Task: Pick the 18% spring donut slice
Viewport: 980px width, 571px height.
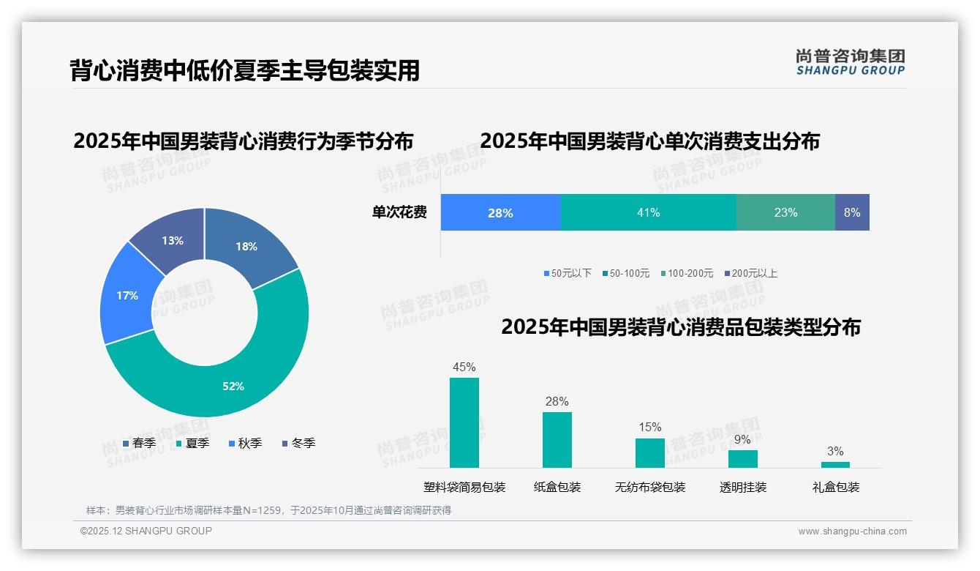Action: (247, 246)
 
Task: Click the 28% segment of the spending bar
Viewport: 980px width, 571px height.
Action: (500, 212)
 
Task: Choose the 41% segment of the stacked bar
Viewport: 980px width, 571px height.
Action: (648, 212)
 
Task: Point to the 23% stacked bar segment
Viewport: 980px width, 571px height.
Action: (785, 212)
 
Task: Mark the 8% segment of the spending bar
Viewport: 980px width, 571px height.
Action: (852, 212)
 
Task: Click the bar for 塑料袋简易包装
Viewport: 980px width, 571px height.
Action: (464, 422)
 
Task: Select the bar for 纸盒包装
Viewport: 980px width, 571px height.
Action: (557, 439)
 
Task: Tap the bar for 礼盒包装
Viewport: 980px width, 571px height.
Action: (835, 464)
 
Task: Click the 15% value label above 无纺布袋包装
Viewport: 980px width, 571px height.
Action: (649, 427)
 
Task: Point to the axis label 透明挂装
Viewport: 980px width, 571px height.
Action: (743, 487)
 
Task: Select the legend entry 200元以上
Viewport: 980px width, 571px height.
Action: (754, 273)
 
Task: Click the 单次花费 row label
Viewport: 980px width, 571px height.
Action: (399, 212)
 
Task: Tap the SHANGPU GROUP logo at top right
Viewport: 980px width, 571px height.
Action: (850, 61)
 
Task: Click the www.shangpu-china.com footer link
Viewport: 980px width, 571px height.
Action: (852, 531)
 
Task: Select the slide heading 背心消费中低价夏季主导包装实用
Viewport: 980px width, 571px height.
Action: (245, 70)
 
